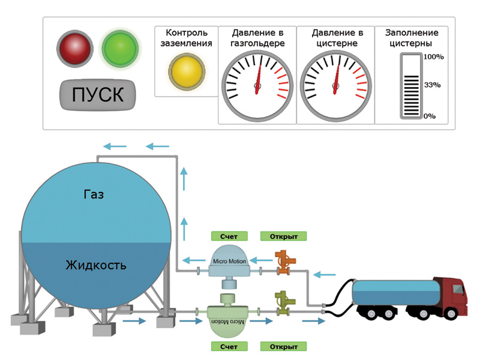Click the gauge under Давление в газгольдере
257,88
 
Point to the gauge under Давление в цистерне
335,88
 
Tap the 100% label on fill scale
433,57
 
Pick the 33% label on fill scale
432,85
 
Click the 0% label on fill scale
430,116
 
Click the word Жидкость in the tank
97,265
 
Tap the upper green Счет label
229,236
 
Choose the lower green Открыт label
283,347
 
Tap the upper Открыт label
283,236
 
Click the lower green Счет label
229,347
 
